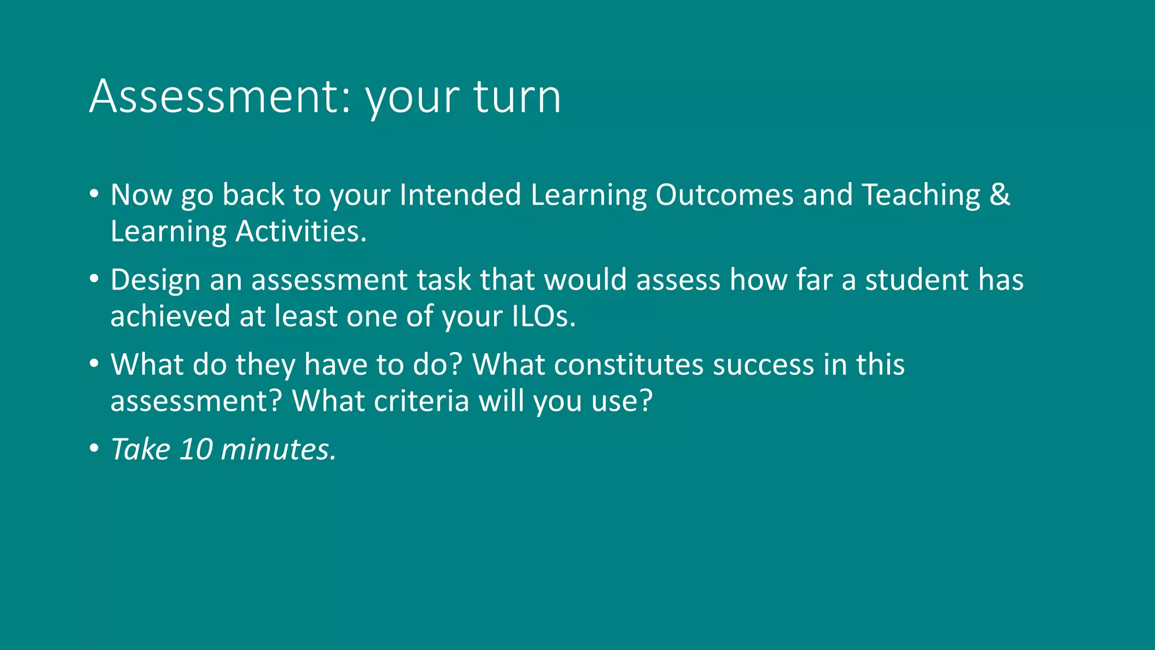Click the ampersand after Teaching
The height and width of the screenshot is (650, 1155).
[x=999, y=195]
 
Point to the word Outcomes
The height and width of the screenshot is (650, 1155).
[x=725, y=195]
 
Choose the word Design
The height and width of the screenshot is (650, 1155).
[x=155, y=280]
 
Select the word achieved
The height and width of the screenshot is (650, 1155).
[x=170, y=316]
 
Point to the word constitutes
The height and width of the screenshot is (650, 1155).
[x=628, y=364]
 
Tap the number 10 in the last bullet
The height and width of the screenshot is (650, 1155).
[x=196, y=450]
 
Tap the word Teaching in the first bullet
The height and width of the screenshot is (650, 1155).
[x=922, y=195]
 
